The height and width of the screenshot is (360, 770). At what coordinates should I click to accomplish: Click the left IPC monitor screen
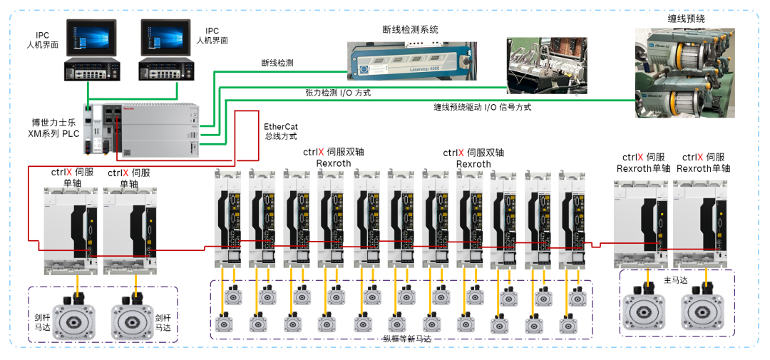coord(89,40)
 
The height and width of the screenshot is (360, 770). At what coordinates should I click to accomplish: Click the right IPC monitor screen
coord(165,40)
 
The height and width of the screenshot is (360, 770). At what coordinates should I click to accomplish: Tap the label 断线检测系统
coord(410,30)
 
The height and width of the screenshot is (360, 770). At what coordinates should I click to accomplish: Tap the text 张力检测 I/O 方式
coord(338,93)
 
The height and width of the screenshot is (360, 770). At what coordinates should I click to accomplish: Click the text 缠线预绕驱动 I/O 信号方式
coord(483,108)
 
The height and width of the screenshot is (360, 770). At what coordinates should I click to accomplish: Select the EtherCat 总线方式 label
coord(280,131)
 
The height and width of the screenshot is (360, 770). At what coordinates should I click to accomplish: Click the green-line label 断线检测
coord(277,63)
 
